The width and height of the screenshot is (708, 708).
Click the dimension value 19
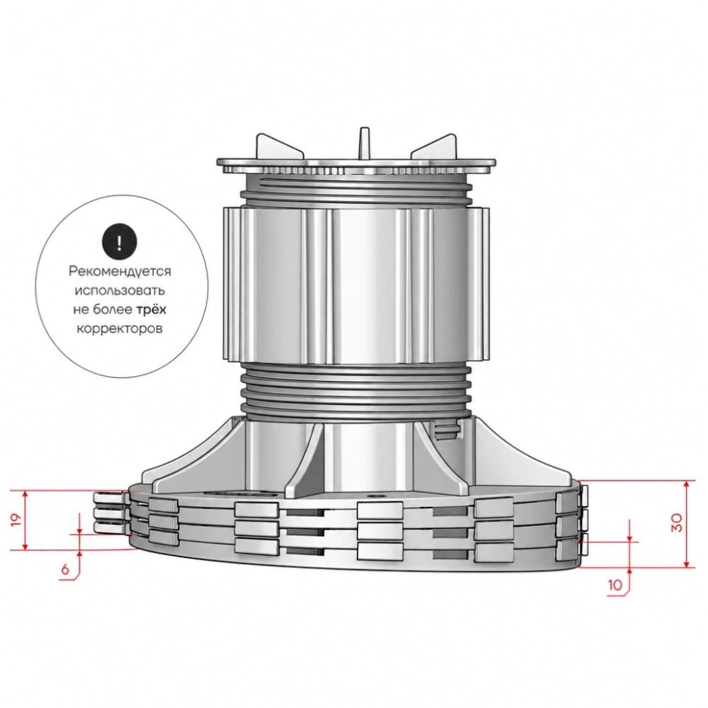coord(17,520)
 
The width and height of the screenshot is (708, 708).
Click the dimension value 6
coord(65,569)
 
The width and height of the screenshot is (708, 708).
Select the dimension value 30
coord(676,523)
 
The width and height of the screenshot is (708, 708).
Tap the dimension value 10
coord(615,586)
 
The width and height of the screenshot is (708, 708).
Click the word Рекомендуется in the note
coord(120,271)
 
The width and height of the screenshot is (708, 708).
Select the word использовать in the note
coord(120,290)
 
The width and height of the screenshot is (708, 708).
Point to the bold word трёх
coord(152,309)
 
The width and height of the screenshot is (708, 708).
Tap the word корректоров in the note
coord(120,329)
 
